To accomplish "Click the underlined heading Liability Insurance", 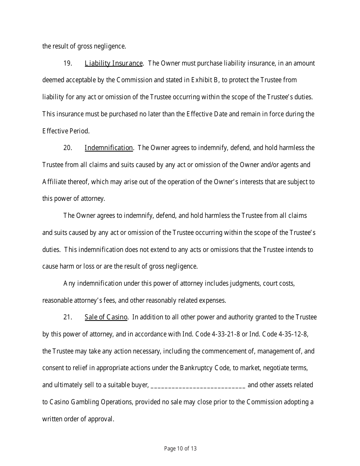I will click(x=114, y=63).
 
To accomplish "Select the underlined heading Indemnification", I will click(x=109, y=148).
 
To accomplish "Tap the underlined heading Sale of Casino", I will click(x=106, y=317).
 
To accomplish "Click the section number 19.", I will click(x=68, y=63).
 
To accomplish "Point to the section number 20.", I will click(x=68, y=148).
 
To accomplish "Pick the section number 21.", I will click(x=68, y=317).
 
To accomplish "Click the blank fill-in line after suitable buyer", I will click(x=198, y=385).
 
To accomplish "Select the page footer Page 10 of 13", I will click(x=180, y=449).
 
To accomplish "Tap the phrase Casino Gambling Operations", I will click(x=90, y=402).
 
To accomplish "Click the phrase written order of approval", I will click(x=78, y=419).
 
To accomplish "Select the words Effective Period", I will click(x=66, y=131).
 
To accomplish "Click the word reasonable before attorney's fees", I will click(x=57, y=300).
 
